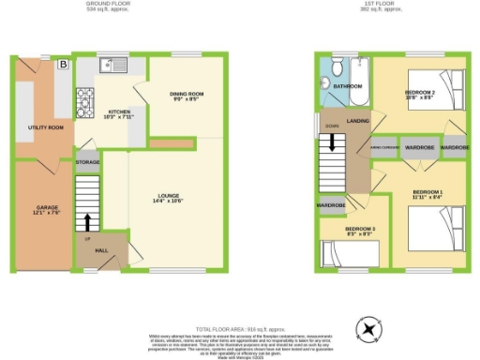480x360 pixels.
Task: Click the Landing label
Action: pos(357,120)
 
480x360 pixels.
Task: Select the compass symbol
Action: pos(370,328)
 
